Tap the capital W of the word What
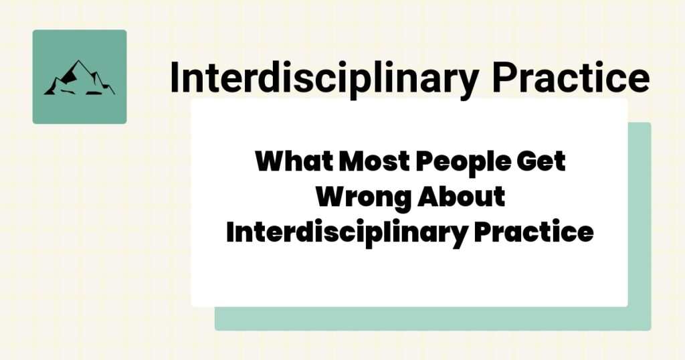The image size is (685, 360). tap(269, 163)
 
